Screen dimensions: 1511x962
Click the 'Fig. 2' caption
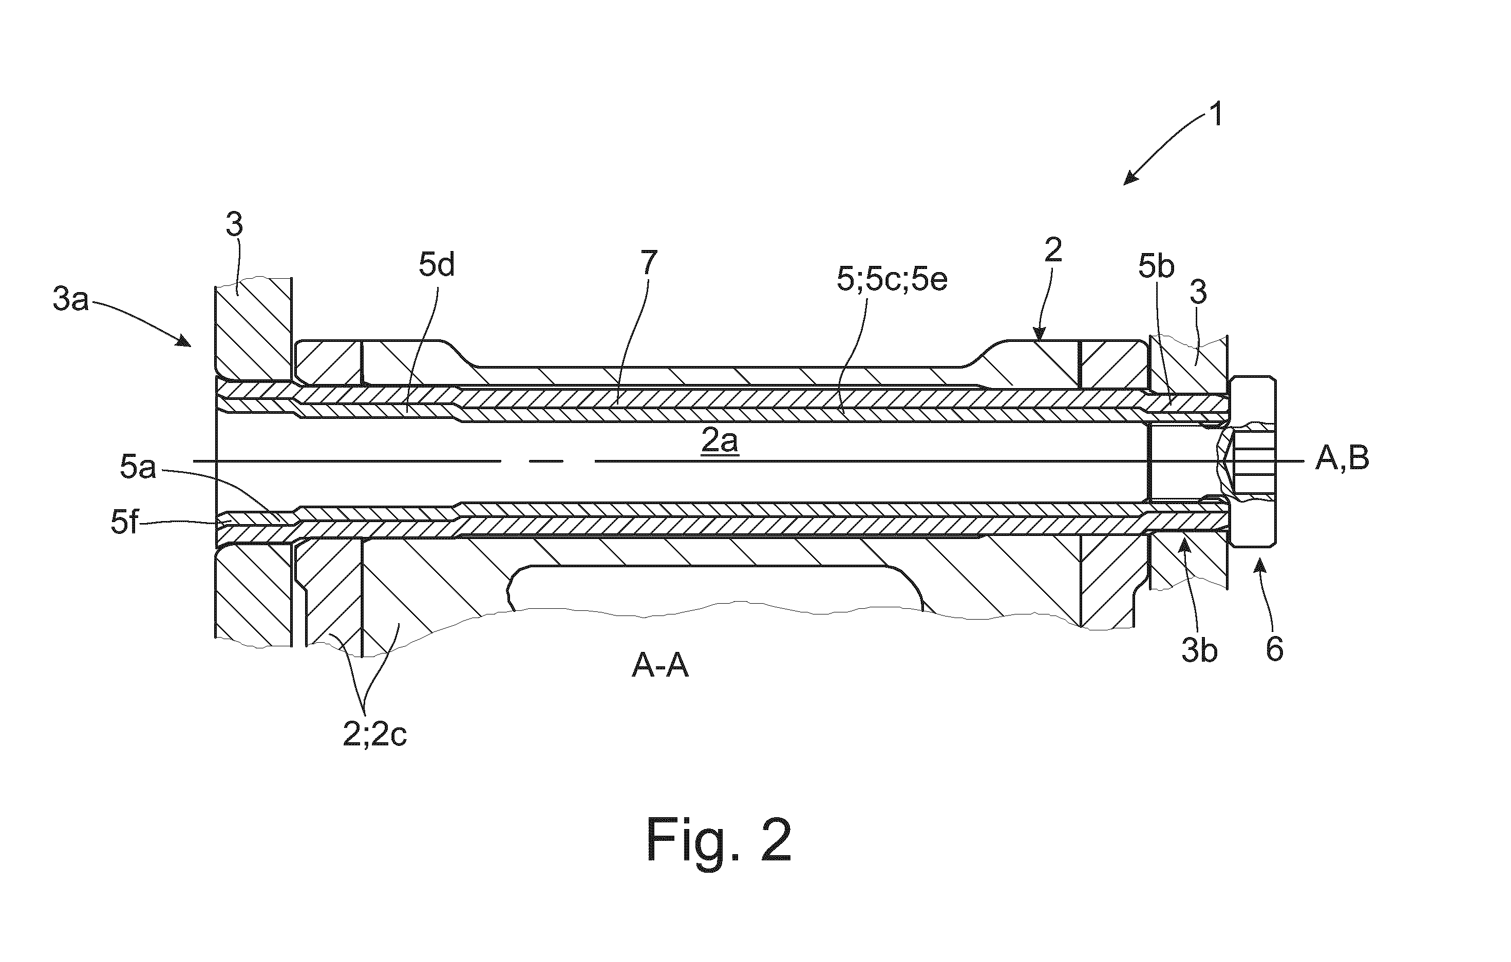tap(719, 841)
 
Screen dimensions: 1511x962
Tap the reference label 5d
tap(437, 266)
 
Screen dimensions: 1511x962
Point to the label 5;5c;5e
tap(892, 280)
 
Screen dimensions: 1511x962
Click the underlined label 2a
tap(720, 442)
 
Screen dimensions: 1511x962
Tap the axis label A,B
tap(1342, 459)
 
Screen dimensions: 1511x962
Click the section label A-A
tap(660, 667)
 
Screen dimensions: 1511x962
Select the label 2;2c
tap(374, 736)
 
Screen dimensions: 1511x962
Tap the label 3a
tap(70, 300)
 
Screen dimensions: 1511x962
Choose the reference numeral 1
tap(1216, 115)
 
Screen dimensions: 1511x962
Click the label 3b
tap(1199, 651)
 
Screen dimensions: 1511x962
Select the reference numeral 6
tap(1274, 650)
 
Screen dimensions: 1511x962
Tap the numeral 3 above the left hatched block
tap(234, 224)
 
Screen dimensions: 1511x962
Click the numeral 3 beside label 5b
tap(1199, 292)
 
